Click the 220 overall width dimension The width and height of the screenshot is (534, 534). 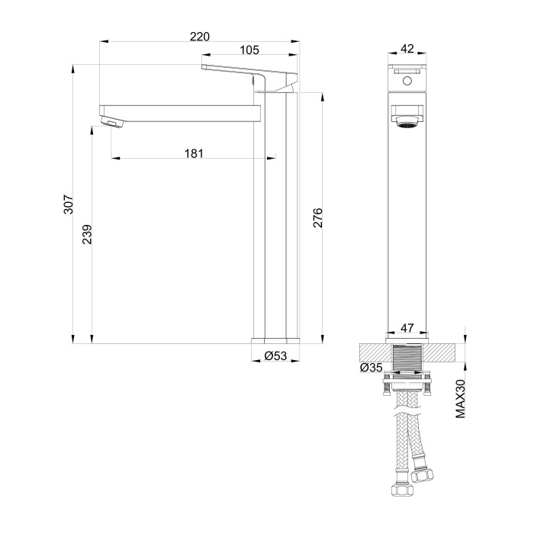200,35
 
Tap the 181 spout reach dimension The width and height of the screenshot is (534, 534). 194,153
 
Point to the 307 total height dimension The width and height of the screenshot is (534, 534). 68,204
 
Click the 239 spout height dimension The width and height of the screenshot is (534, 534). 87,233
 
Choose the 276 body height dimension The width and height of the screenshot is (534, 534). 318,217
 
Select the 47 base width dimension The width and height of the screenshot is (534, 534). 407,328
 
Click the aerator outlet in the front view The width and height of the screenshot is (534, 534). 407,117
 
